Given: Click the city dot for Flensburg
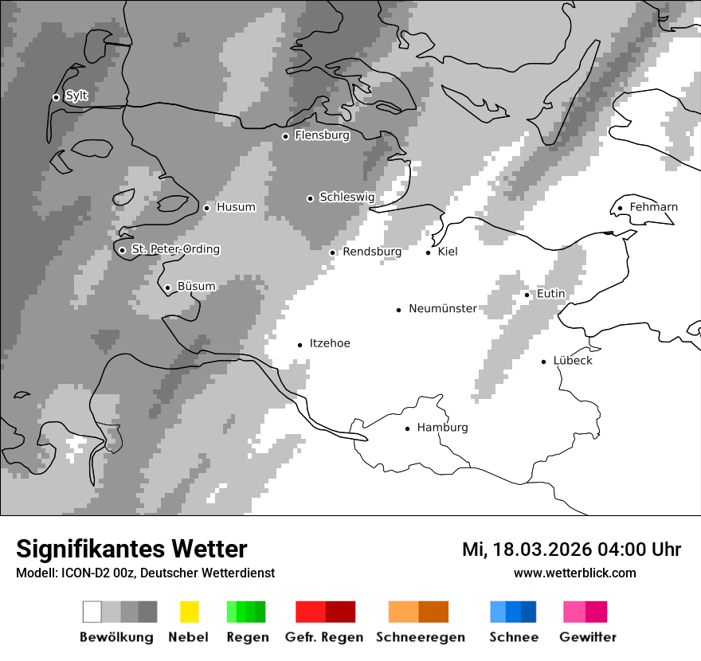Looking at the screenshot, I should (x=285, y=136).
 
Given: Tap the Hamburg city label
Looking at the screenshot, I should (x=442, y=428).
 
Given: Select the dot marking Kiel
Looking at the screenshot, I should (x=428, y=252).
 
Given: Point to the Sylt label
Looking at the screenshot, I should (x=76, y=96).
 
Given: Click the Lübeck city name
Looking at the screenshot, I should (x=573, y=361).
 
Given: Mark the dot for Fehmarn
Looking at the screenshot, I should (x=620, y=209).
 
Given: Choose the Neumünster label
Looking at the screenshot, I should (x=443, y=308).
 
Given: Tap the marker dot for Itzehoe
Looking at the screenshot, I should (x=300, y=345).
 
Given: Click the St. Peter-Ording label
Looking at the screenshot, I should (x=175, y=249).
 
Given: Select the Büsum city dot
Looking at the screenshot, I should (x=167, y=287).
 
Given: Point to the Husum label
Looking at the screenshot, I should (x=236, y=207).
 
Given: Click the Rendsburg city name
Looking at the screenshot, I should (x=372, y=252).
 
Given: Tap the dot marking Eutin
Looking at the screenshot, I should (x=527, y=295).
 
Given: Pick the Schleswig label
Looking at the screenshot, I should (x=347, y=197).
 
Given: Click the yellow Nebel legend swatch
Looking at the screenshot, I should (x=189, y=612).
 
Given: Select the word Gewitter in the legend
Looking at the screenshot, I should (x=588, y=637).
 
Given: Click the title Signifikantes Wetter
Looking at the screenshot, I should (x=131, y=550).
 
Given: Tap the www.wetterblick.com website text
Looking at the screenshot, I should (x=575, y=573).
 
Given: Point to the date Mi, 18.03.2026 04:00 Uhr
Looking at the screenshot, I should (x=571, y=550).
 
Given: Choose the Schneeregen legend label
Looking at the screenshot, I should (x=421, y=637).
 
